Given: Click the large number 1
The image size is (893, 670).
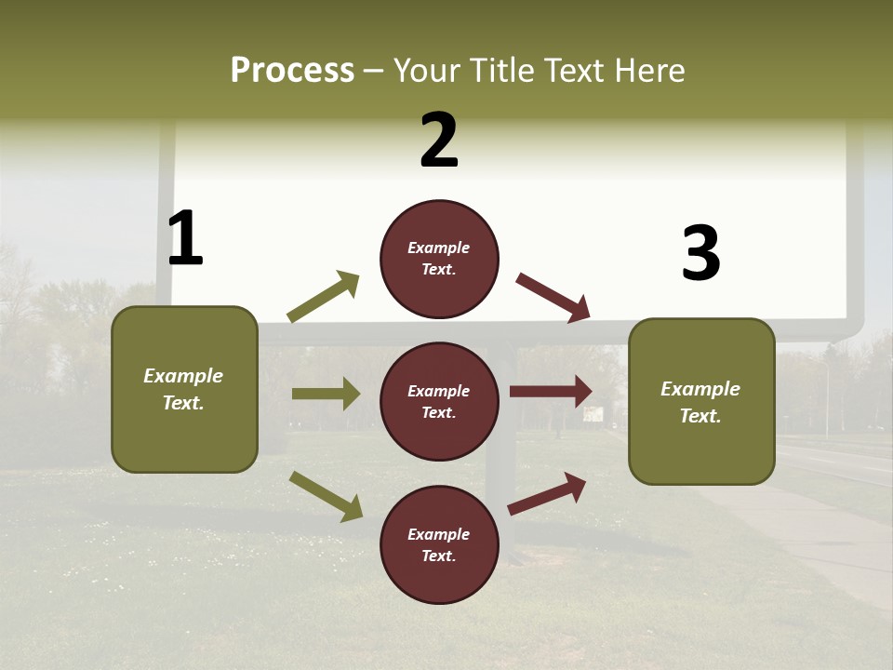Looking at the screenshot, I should (x=185, y=238).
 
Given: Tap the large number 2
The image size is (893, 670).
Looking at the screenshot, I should (x=439, y=141).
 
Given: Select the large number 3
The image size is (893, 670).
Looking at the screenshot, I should (x=700, y=253).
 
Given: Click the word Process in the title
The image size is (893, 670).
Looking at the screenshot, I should (x=292, y=70).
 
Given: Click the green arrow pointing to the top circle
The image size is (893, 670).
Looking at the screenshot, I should (x=324, y=297).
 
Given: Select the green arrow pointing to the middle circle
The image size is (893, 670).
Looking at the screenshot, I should (x=326, y=394).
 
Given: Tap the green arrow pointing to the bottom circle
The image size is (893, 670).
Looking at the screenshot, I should (x=326, y=495).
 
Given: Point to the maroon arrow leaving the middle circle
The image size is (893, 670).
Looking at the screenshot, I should (x=551, y=392).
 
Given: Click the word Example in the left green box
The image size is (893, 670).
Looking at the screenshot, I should (x=183, y=376).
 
